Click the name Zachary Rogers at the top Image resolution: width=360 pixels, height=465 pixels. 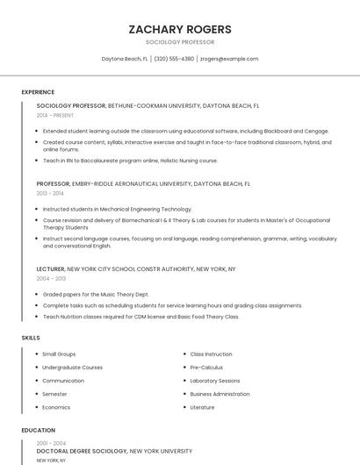(x=179, y=29)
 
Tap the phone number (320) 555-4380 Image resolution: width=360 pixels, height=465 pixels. (x=174, y=59)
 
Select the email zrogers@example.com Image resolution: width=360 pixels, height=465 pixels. (x=228, y=59)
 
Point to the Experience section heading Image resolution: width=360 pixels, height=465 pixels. (x=38, y=92)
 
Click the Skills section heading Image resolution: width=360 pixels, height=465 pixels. (x=31, y=338)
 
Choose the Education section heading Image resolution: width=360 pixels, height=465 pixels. (x=38, y=431)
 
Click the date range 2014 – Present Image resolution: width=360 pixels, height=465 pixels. (x=55, y=115)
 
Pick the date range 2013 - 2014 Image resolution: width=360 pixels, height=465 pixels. (x=50, y=193)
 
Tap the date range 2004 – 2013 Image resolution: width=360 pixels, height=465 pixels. (x=51, y=278)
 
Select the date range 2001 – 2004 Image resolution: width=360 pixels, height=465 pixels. (x=51, y=443)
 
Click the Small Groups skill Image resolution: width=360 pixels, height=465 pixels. (x=59, y=354)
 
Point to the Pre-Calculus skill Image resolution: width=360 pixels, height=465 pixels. (x=206, y=368)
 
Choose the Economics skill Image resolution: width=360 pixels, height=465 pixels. (x=56, y=407)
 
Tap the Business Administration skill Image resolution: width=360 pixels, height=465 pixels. (x=220, y=394)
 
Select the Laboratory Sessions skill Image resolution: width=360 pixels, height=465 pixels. (x=215, y=381)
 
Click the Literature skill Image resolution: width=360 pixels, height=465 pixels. (x=202, y=407)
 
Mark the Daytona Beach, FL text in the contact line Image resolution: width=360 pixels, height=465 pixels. (x=125, y=59)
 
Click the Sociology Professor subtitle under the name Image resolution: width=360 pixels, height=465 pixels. (x=179, y=42)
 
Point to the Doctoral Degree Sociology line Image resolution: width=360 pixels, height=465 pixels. (x=114, y=451)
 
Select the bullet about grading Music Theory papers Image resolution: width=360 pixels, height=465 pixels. (x=96, y=294)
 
